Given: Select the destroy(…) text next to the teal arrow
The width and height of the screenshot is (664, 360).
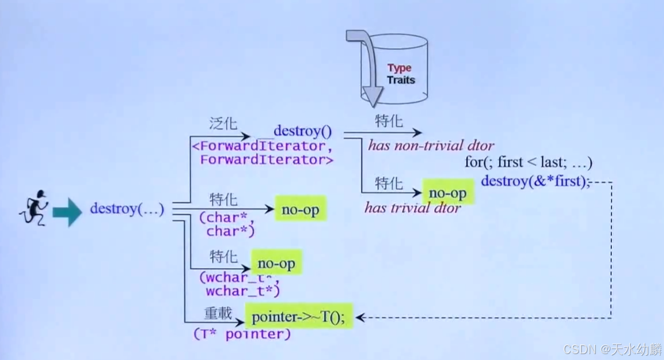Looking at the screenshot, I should [127, 209].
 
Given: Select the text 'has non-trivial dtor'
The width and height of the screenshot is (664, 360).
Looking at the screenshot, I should [430, 145].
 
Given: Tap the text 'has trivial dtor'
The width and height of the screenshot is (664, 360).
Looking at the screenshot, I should [412, 208].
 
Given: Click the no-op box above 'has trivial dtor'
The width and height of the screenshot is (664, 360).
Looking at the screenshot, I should [447, 192].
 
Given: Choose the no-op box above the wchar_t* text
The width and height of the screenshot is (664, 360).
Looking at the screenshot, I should [276, 263].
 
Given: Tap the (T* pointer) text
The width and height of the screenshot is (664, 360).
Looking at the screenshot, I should [242, 334].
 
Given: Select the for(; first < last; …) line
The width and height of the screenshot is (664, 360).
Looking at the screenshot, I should [529, 162].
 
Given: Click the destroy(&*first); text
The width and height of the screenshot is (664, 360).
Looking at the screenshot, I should [535, 181].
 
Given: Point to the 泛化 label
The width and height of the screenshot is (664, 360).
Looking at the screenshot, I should [223, 124].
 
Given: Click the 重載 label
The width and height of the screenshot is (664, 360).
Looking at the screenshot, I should [218, 312].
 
